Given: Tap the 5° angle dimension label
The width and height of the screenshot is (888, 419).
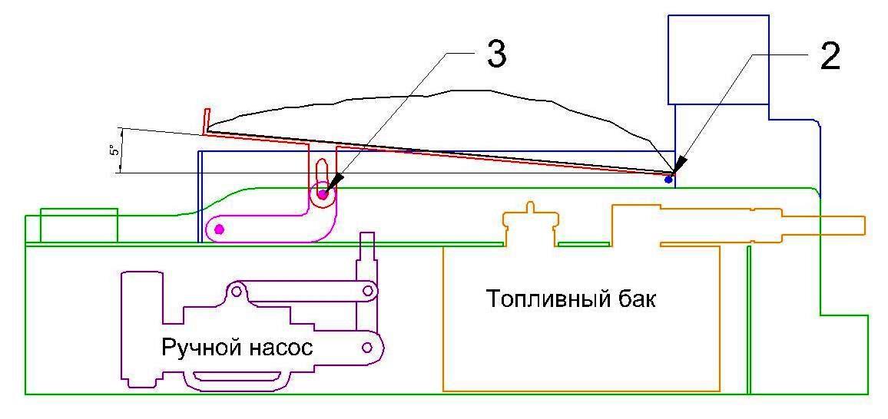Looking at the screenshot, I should (112, 151).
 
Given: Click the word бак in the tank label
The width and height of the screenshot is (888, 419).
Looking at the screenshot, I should (635, 298).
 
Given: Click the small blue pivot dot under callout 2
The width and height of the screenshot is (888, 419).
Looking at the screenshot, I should (668, 180).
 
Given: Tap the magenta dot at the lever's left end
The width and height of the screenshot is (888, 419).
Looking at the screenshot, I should (220, 229).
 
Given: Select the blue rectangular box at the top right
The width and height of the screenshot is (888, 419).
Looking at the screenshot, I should (718, 59).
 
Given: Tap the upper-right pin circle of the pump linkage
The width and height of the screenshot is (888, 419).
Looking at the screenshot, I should (369, 291).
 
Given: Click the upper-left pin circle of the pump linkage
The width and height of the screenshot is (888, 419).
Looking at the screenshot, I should (238, 291).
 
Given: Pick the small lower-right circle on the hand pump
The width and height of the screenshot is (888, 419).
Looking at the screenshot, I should (367, 348).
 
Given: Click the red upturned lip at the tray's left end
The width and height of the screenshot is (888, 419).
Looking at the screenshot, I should (205, 120).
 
